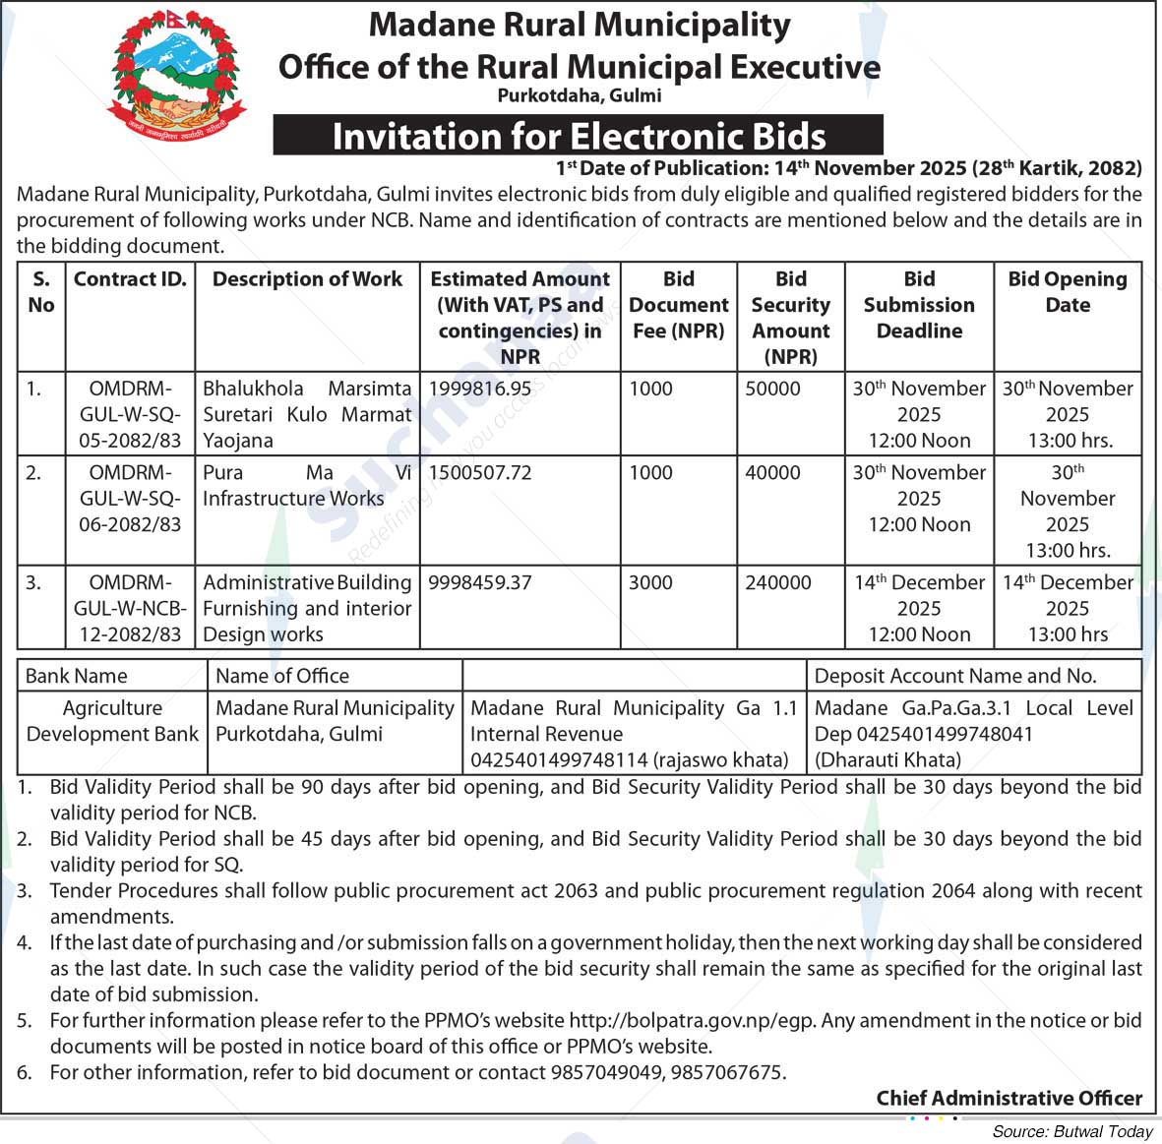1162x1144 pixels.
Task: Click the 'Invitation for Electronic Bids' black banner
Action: coord(579,136)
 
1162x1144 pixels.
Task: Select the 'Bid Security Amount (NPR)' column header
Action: coord(791,317)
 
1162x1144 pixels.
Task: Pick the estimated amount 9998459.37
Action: coord(480,582)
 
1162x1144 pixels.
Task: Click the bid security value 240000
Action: coord(778,582)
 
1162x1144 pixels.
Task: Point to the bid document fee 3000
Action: coord(650,582)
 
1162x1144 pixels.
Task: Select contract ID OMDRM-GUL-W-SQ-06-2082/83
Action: coord(130,498)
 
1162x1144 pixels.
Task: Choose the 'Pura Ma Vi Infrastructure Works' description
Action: coord(307,486)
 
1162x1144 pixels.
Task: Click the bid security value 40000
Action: coord(772,472)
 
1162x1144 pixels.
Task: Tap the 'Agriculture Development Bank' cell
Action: coord(112,721)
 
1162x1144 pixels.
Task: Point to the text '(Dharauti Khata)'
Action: coord(887,759)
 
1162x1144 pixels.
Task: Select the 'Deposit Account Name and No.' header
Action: coord(955,676)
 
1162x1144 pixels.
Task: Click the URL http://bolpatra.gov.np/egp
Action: coord(692,1020)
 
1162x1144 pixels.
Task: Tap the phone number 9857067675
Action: coord(727,1072)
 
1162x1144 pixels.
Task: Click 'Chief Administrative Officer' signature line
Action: coord(1009,1098)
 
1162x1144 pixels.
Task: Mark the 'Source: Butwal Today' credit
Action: coord(1072,1131)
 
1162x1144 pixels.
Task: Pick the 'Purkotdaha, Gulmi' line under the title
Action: coord(579,95)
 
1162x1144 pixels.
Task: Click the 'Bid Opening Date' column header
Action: coord(1068,291)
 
